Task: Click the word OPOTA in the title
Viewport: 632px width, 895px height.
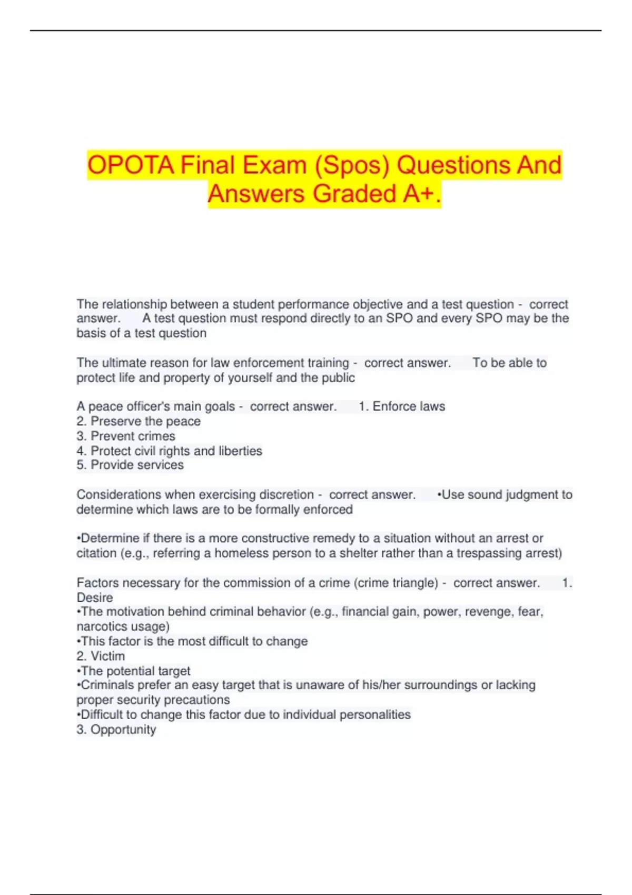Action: (x=131, y=165)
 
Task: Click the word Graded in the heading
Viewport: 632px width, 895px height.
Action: (x=355, y=194)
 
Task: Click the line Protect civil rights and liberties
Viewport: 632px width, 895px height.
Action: (x=169, y=451)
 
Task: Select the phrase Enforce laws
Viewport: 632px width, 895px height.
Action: (x=409, y=406)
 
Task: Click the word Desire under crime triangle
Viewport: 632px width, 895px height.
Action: (x=95, y=598)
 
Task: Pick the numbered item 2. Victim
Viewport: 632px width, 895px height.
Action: (x=101, y=656)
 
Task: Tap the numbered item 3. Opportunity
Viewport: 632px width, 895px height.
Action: (x=116, y=730)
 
